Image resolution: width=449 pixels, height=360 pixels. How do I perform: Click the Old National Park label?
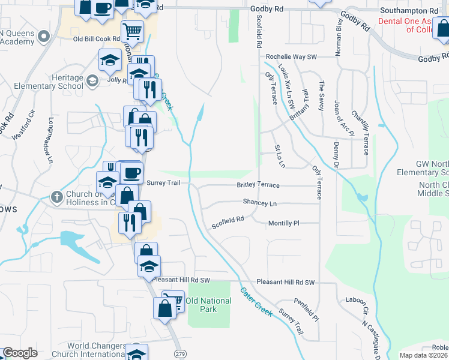click(x=208, y=305)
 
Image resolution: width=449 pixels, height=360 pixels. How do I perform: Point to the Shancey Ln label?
click(x=259, y=203)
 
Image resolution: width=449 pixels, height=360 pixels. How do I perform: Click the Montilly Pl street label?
click(x=283, y=223)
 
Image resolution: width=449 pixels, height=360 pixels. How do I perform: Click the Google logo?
click(x=20, y=353)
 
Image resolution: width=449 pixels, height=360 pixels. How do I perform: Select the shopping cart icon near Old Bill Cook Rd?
click(x=133, y=30)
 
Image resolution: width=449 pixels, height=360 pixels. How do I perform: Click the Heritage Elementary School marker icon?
click(x=92, y=80)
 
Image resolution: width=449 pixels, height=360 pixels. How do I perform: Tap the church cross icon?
click(x=56, y=197)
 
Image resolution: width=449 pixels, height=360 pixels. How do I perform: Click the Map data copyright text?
click(x=424, y=355)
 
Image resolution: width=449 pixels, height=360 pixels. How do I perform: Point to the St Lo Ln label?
click(x=280, y=155)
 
